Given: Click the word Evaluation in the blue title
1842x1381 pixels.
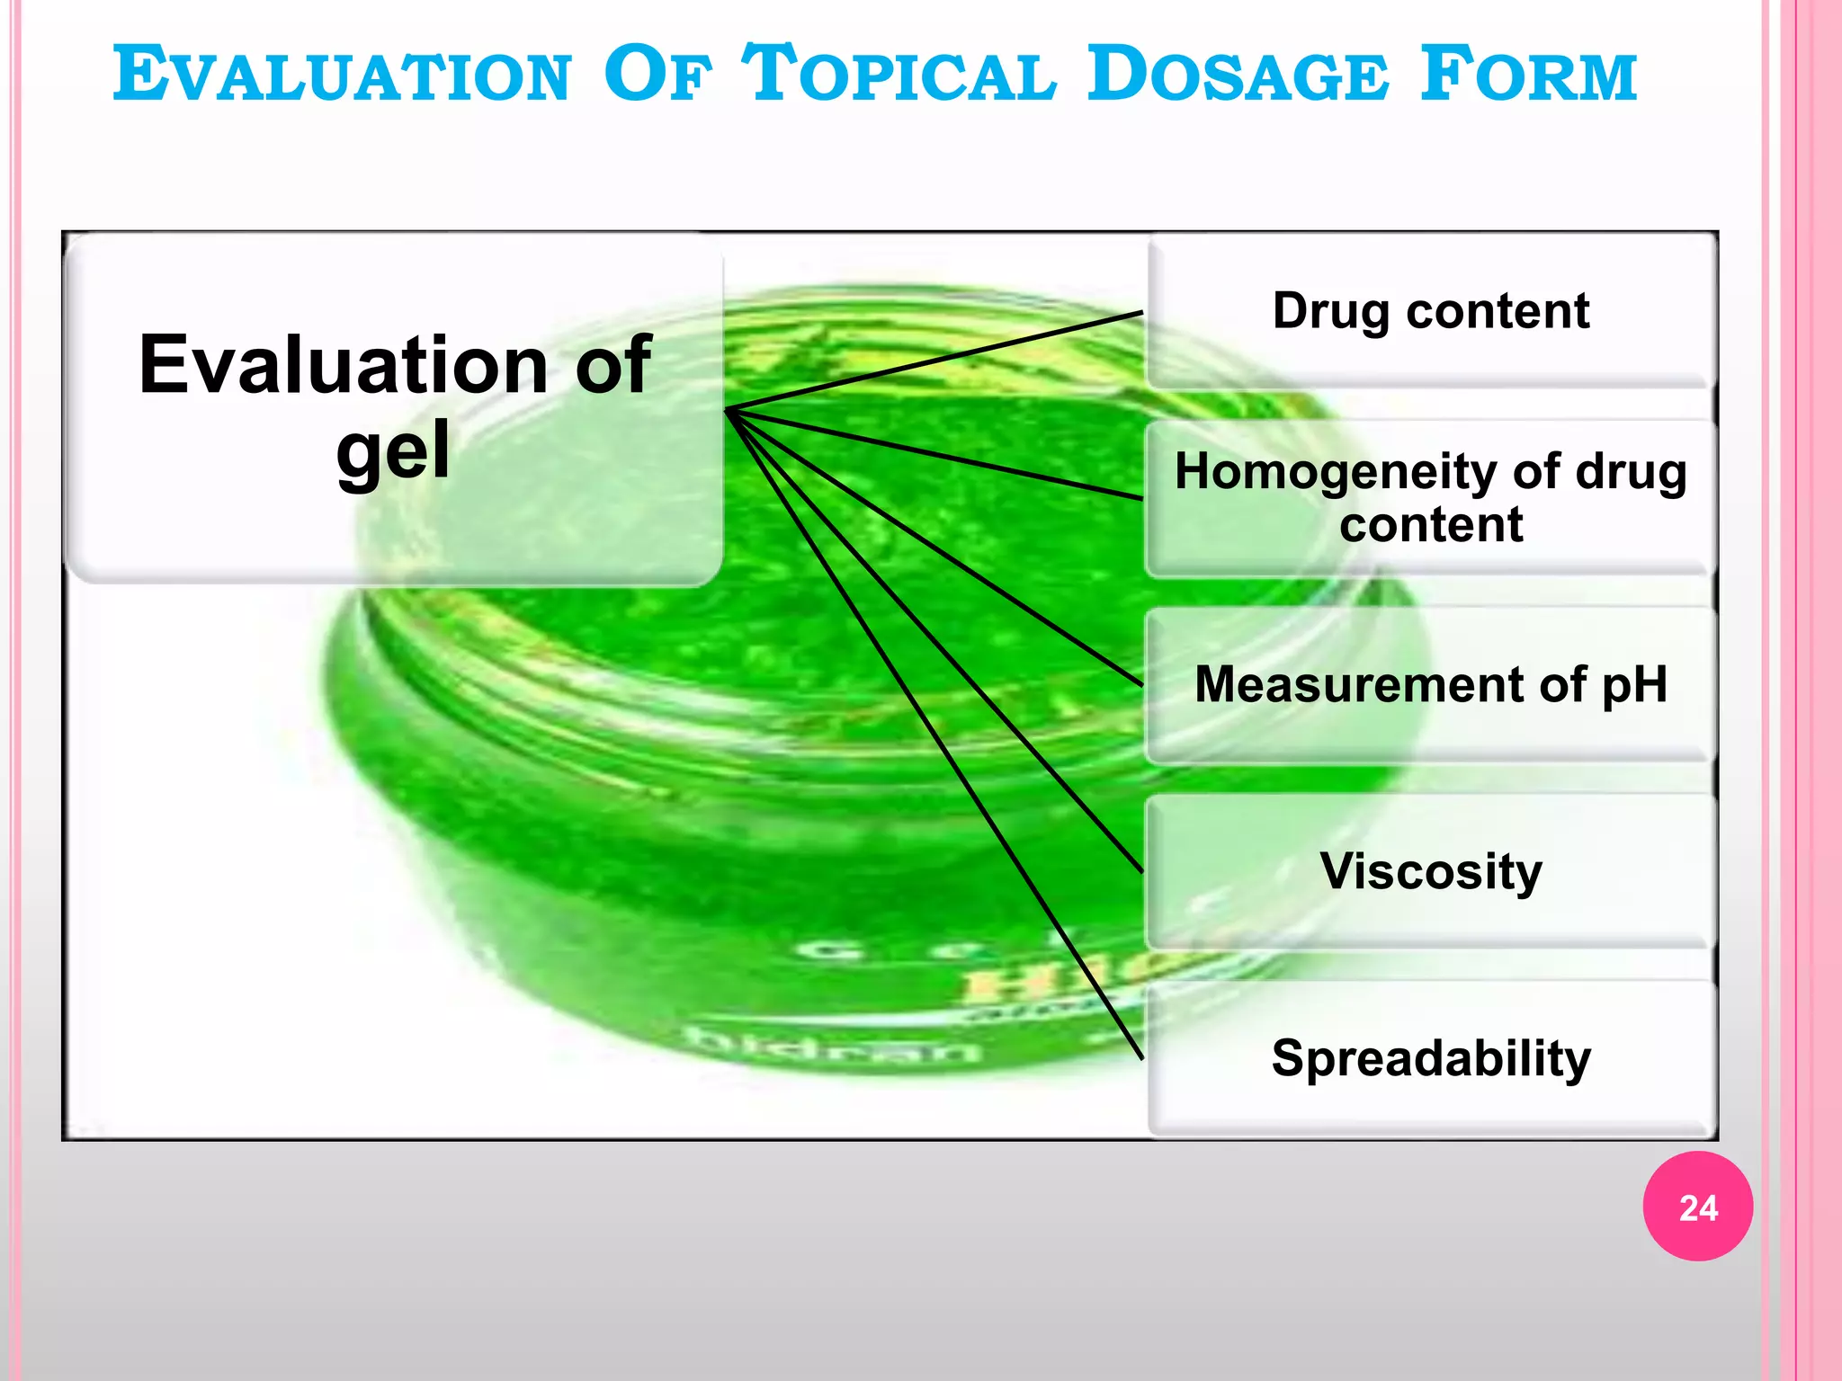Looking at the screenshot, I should [342, 75].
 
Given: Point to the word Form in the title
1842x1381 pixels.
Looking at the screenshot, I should [1529, 75].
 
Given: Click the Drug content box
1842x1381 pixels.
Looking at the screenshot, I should [1430, 311].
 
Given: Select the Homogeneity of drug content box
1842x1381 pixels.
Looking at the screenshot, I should [1430, 497].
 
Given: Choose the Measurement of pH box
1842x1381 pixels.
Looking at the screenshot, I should [1430, 684].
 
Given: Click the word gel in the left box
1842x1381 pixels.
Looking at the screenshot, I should [392, 451].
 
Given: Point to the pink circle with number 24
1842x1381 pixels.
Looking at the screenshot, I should [1697, 1207].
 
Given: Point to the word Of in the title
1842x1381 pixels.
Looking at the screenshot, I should [657, 75].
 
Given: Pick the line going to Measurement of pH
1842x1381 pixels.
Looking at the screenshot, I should [935, 548].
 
